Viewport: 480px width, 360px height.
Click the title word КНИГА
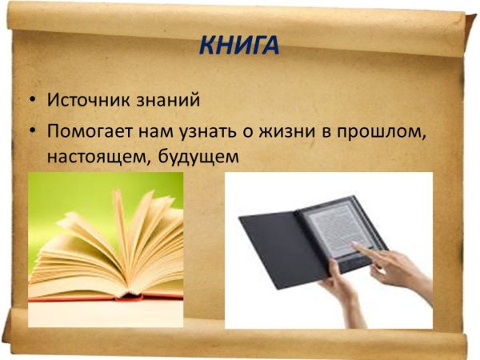[240, 45]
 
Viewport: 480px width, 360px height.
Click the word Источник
[85, 102]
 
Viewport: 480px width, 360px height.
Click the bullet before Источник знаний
[31, 102]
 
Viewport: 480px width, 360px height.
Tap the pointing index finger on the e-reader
[360, 247]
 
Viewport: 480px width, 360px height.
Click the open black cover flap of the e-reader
[272, 248]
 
